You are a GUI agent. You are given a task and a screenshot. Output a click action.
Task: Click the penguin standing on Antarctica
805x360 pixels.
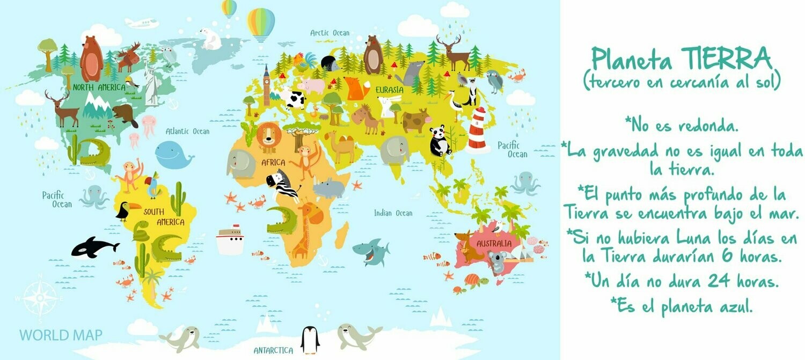pyautogui.click(x=310, y=340)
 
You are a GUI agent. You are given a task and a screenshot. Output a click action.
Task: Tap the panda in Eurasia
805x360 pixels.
pyautogui.click(x=440, y=141)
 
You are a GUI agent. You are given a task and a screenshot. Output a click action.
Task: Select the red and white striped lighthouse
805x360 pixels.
pyautogui.click(x=477, y=130)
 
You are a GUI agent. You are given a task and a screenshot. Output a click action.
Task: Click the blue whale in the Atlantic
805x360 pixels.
pyautogui.click(x=173, y=155)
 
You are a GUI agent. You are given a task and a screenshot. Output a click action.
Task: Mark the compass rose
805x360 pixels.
pyautogui.click(x=40, y=296)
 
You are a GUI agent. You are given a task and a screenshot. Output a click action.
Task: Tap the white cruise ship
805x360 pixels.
pyautogui.click(x=230, y=239)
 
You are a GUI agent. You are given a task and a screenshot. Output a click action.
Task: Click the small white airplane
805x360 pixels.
pyautogui.click(x=141, y=23)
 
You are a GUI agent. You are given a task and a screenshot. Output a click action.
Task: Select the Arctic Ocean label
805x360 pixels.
pyautogui.click(x=330, y=33)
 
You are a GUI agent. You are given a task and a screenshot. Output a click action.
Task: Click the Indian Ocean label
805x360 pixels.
pyautogui.click(x=393, y=214)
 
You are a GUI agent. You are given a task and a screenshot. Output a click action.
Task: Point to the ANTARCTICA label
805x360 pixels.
pyautogui.click(x=273, y=351)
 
